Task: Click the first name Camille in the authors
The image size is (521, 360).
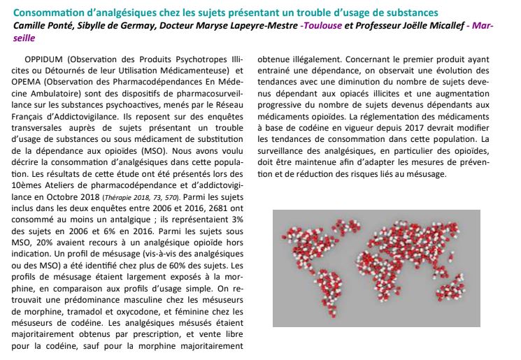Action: pyautogui.click(x=31, y=27)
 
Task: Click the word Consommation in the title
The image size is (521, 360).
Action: pyautogui.click(x=49, y=13)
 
